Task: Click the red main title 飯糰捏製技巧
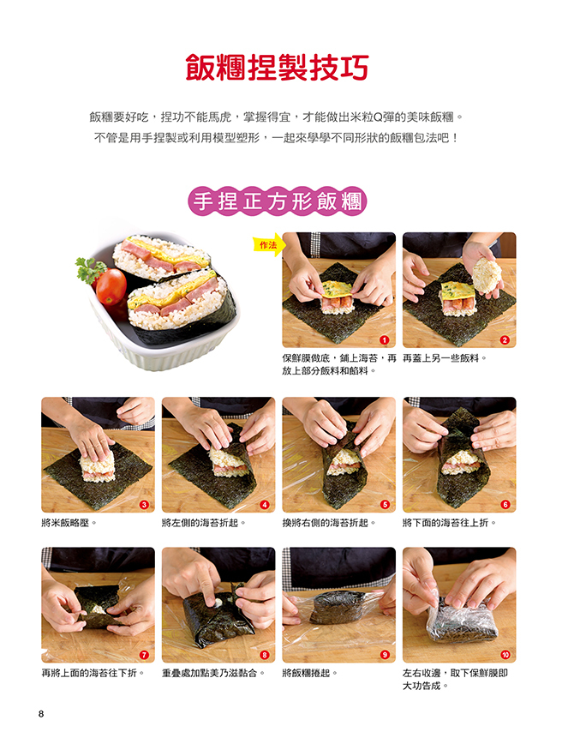click(x=278, y=69)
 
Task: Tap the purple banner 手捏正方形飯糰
click(x=278, y=201)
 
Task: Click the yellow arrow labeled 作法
click(x=269, y=245)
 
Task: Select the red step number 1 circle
click(x=385, y=339)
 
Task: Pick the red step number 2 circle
click(x=505, y=339)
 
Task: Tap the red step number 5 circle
click(x=385, y=504)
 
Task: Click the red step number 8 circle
click(x=264, y=655)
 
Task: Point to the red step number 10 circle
click(x=505, y=655)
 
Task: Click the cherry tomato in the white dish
click(x=111, y=286)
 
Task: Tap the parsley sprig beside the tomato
click(x=90, y=269)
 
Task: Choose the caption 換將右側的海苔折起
click(x=329, y=523)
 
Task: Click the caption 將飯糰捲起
click(x=310, y=674)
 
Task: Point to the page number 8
click(x=41, y=714)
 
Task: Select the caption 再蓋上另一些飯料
click(x=445, y=358)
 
